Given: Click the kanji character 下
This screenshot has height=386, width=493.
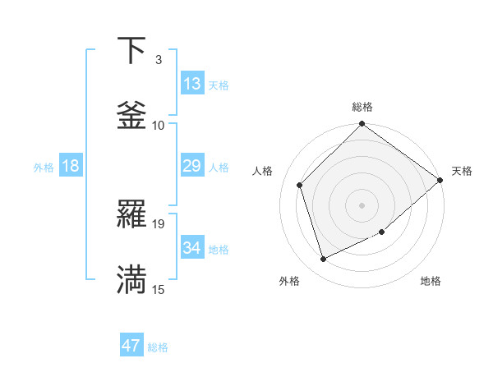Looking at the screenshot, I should (x=131, y=51).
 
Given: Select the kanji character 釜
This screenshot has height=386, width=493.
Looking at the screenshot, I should (x=131, y=116).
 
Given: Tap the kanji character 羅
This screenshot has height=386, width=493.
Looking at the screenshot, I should (x=131, y=215).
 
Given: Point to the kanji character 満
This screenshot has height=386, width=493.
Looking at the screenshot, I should (x=131, y=280).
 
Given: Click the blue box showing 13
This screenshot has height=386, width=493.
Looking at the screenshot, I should (x=191, y=84).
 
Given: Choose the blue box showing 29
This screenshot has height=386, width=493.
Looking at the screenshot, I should (x=191, y=166).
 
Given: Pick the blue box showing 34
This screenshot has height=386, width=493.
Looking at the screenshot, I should (x=191, y=248).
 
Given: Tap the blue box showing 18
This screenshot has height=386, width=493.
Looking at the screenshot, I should (x=71, y=166).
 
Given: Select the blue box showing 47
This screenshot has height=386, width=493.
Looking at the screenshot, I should (x=131, y=346).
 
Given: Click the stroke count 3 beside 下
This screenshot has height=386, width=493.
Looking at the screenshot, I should (x=159, y=60).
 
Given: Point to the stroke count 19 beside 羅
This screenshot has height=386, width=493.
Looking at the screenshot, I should (x=159, y=223).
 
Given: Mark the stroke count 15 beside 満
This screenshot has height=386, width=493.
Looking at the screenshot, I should (x=159, y=289).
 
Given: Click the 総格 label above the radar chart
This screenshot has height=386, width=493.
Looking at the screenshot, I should (x=362, y=107).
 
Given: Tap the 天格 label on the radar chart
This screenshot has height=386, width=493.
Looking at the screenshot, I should (x=462, y=171).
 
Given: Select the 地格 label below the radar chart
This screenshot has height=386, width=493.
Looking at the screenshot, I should (x=431, y=282).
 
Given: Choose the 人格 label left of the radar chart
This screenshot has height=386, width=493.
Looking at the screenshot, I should (x=263, y=171).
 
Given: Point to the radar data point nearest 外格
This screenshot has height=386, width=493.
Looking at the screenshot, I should (x=323, y=260).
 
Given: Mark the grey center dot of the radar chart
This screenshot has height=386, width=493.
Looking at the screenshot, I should (x=362, y=205).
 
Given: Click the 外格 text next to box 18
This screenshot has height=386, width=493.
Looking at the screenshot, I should (x=44, y=167).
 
